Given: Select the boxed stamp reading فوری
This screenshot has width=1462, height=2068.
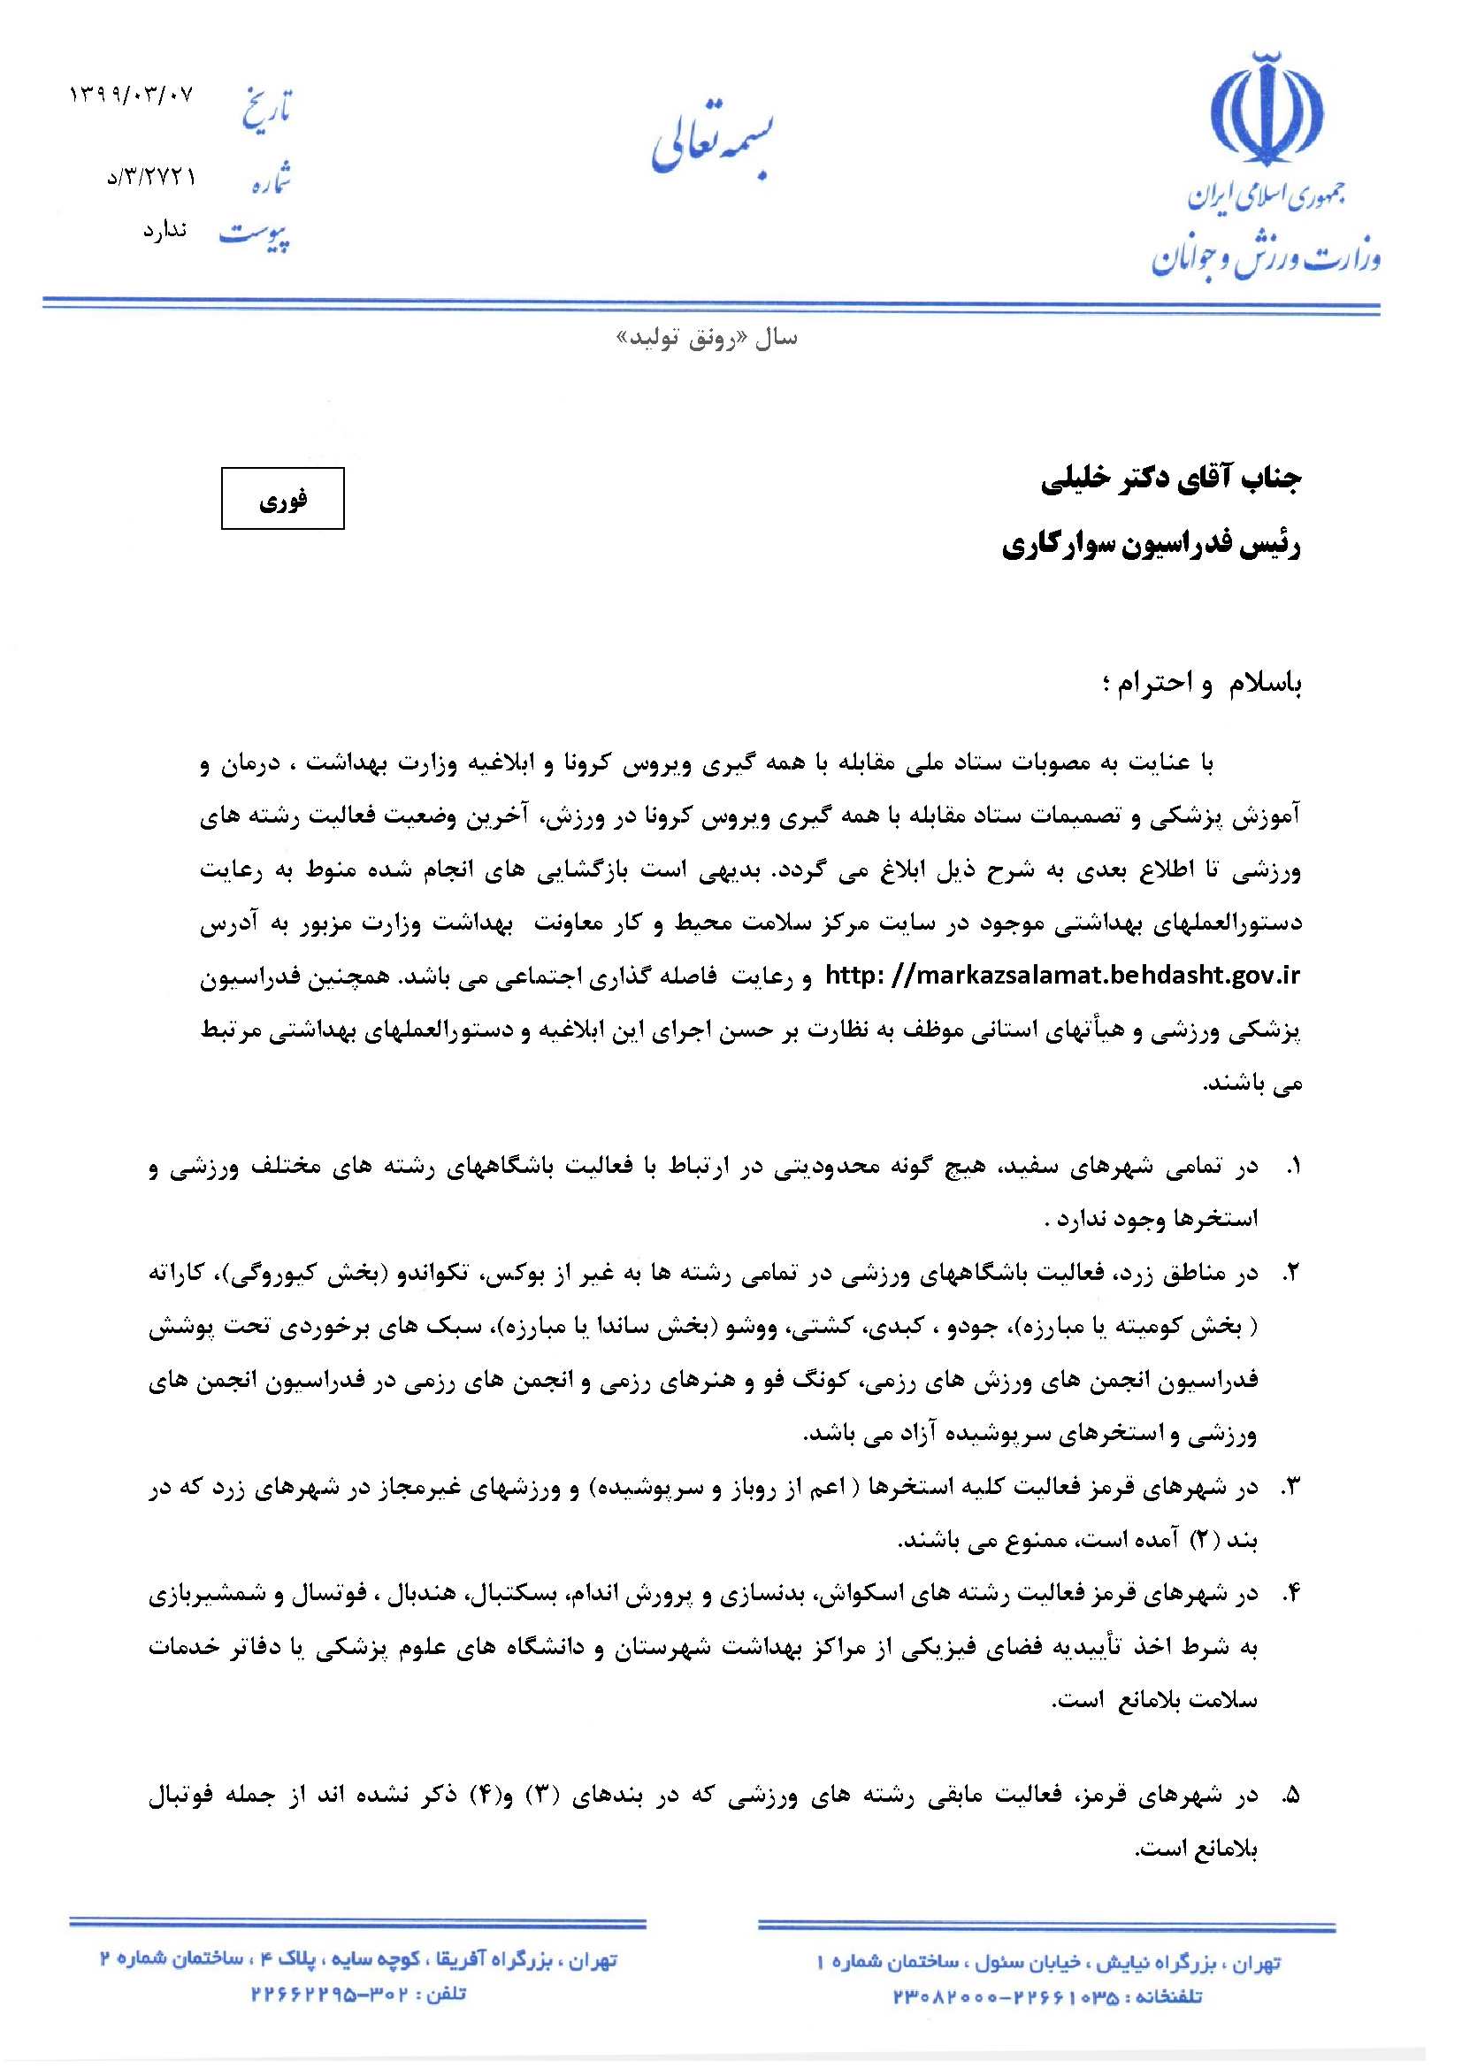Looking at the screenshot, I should (x=283, y=498).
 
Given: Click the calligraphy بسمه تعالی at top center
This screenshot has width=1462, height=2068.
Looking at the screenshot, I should (x=713, y=147).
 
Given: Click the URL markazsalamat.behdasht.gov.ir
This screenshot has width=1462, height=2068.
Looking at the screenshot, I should (x=1063, y=976).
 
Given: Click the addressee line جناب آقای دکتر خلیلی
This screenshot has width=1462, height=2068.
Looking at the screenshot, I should (x=1171, y=479).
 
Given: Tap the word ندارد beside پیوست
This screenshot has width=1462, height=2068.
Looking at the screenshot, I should (x=164, y=231).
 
